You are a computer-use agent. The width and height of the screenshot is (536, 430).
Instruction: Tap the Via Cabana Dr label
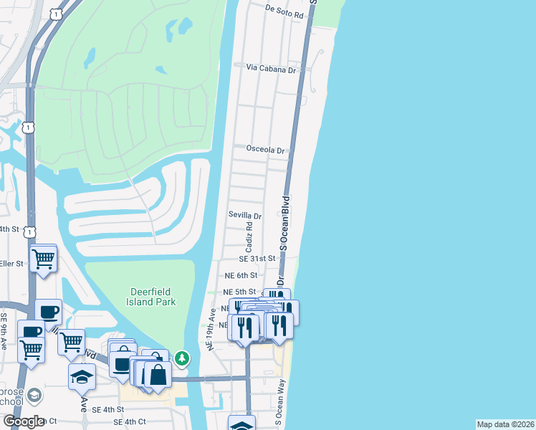pyautogui.click(x=271, y=70)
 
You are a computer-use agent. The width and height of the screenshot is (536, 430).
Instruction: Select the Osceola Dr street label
pyautogui.click(x=265, y=150)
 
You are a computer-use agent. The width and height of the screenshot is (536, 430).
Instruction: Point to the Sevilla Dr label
pyautogui.click(x=245, y=215)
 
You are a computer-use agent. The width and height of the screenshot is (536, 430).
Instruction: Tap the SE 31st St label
pyautogui.click(x=257, y=258)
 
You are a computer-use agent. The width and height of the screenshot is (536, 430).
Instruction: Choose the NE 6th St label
pyautogui.click(x=240, y=275)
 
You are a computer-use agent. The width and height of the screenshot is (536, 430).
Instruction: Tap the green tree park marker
pyautogui.click(x=183, y=357)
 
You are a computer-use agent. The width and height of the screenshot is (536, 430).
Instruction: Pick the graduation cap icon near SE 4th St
pyautogui.click(x=82, y=375)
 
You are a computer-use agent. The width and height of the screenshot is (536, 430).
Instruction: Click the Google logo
pyautogui.click(x=24, y=421)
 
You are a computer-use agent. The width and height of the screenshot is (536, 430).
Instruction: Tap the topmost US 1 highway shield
pyautogui.click(x=54, y=14)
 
